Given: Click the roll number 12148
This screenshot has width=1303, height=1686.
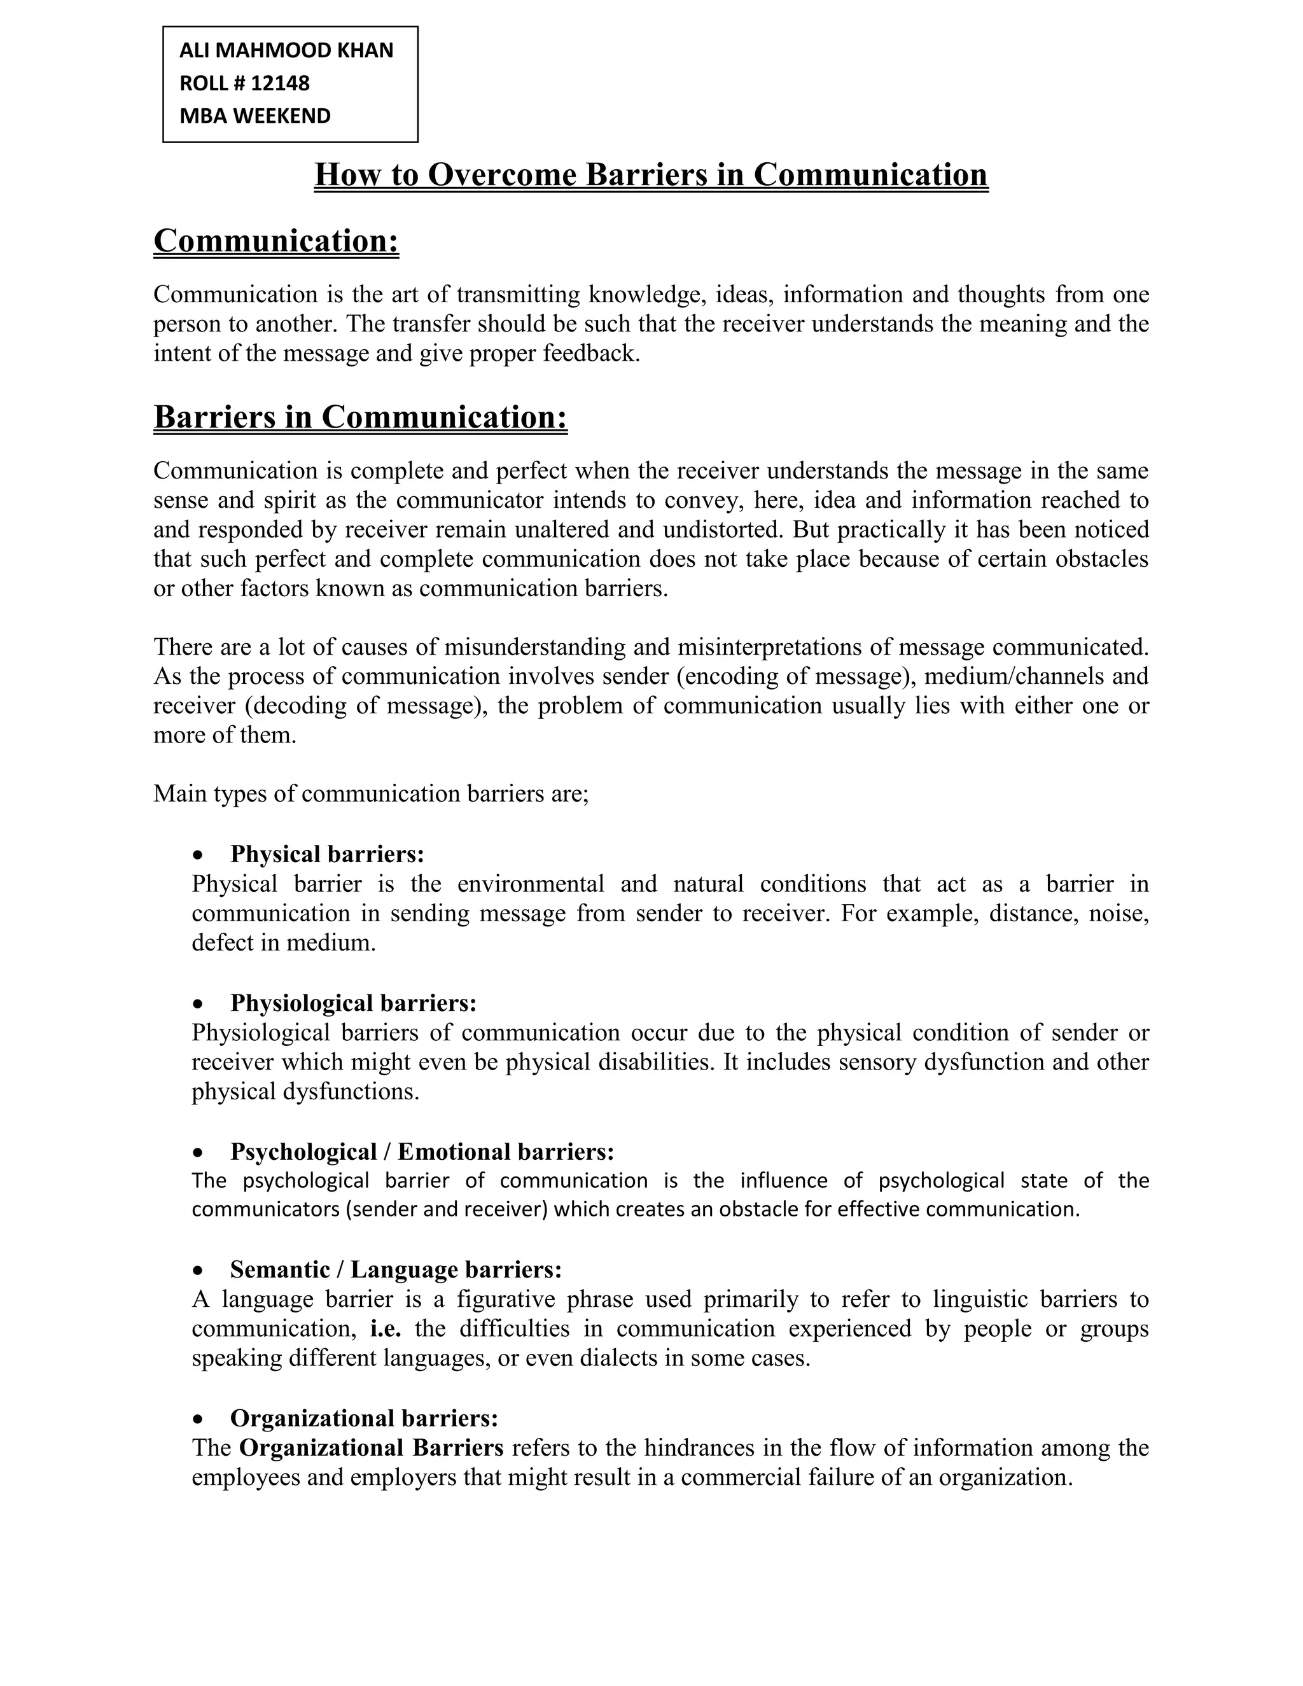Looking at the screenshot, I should (280, 83).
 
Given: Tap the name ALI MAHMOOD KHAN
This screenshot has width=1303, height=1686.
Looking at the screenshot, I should (286, 50).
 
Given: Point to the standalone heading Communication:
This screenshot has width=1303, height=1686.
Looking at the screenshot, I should (276, 241).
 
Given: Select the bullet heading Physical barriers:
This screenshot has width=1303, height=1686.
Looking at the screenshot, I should (327, 854).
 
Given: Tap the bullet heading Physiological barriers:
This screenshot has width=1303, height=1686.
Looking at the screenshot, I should (354, 1003).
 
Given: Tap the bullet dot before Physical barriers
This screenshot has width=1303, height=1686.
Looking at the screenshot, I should (199, 855).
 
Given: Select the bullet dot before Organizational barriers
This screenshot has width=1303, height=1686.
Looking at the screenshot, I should (199, 1419).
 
